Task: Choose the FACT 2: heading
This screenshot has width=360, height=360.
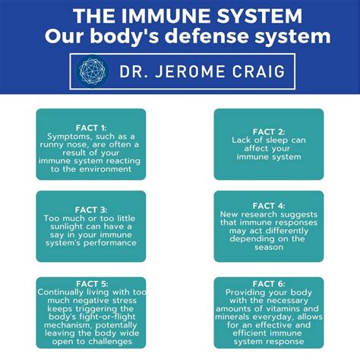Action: tap(268, 131)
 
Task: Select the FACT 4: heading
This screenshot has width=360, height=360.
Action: tap(268, 206)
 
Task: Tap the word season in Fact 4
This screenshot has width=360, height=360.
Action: tap(269, 248)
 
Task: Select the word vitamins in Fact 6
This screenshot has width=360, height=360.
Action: tap(273, 310)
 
